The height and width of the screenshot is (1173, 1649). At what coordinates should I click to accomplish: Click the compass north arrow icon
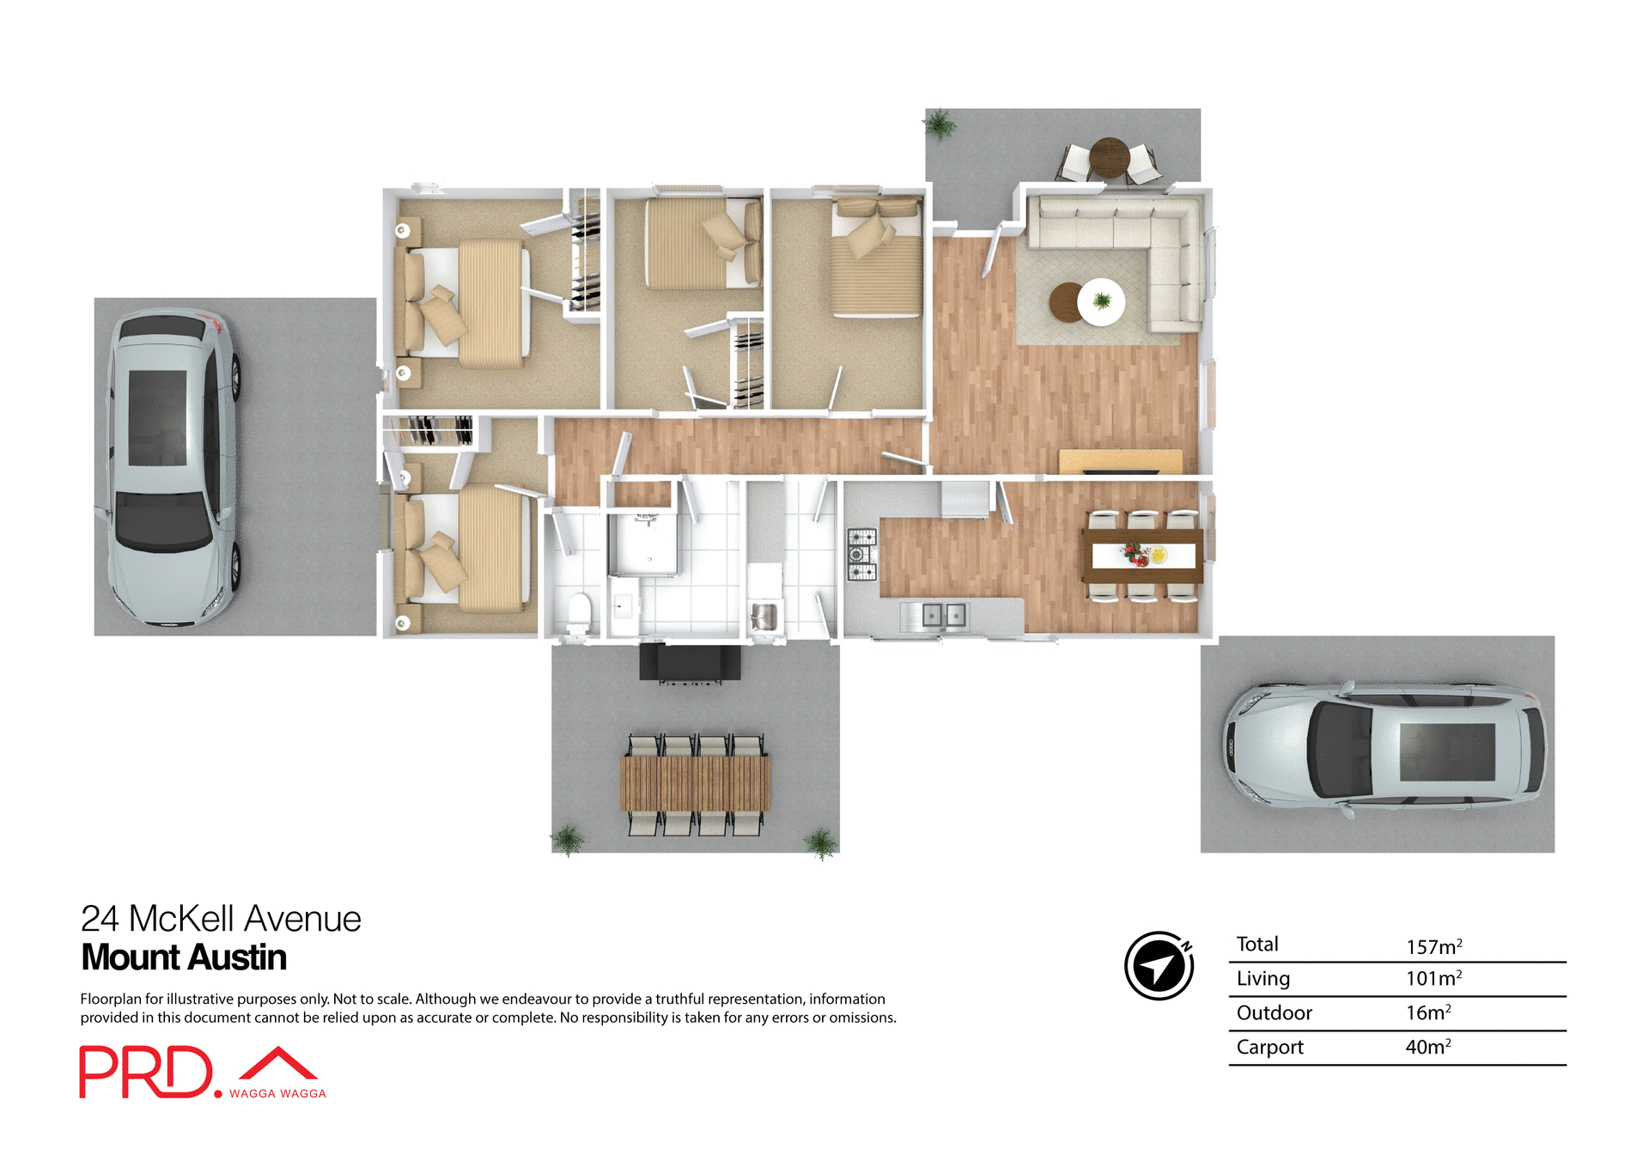point(1159,965)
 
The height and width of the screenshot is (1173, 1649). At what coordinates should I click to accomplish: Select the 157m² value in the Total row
point(1433,946)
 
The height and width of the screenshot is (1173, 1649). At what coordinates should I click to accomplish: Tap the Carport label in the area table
point(1269,1047)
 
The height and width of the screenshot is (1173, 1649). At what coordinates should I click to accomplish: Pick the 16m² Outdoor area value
point(1427,1012)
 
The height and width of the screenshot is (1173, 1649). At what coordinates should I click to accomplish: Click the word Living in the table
point(1263,978)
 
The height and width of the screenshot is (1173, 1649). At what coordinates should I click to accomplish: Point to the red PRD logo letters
point(146,1072)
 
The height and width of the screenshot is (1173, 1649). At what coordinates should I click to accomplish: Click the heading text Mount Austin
point(184,957)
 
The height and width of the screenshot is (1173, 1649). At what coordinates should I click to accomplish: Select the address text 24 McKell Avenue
point(221,919)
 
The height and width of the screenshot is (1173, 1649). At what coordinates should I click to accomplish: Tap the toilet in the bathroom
point(580,611)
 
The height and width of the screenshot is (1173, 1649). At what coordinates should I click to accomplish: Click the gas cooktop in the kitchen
point(861,555)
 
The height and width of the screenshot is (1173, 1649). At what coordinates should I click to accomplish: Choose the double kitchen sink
point(943,615)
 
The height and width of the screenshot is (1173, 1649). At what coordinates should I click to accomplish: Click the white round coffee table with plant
point(1101,301)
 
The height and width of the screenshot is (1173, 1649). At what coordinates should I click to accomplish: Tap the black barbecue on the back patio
point(690,663)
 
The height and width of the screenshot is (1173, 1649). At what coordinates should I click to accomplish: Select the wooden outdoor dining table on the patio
point(695,782)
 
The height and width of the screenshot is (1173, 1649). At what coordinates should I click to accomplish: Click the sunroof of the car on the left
point(158,418)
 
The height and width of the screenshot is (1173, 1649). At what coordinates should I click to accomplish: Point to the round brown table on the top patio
point(1109,157)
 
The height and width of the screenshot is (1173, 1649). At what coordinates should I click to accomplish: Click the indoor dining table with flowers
point(1142,556)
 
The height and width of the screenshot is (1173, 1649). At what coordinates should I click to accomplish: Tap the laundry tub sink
point(764,616)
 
